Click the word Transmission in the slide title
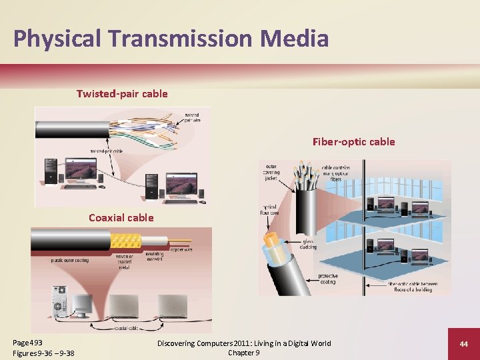tap(177, 38)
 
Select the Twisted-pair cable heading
tap(122, 94)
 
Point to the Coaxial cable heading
tap(121, 217)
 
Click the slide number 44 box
tap(463, 343)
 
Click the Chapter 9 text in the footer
tap(243, 353)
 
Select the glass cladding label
tap(307, 245)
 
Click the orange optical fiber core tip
tap(272, 238)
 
